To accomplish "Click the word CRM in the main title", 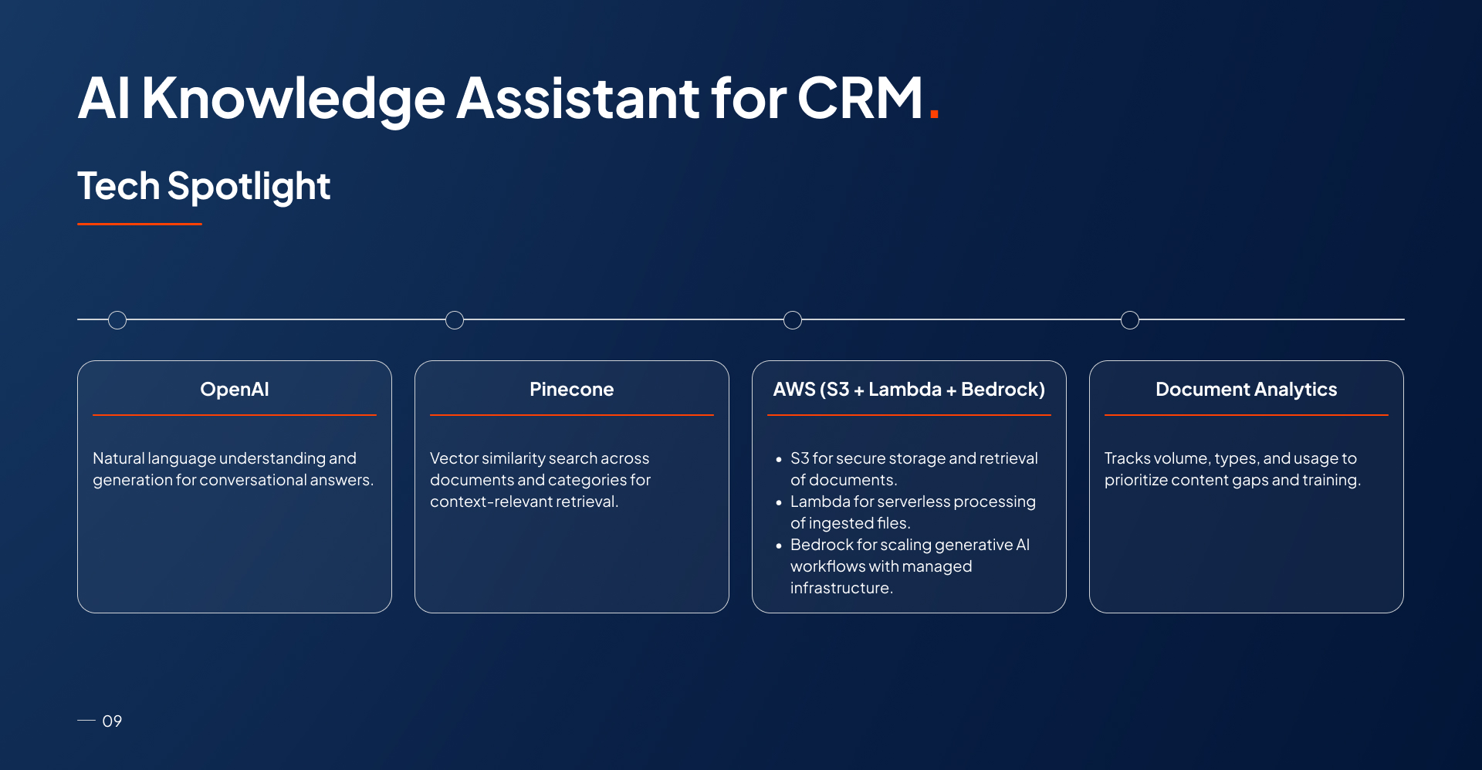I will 859,99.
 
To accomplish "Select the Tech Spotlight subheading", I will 204,187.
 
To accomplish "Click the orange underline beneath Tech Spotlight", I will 140,224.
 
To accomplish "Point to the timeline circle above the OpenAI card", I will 117,320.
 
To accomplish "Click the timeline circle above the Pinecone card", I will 455,320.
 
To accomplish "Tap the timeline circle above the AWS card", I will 793,320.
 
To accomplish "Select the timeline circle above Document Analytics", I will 1130,320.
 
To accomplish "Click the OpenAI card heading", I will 235,390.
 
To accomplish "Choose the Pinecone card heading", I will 572,390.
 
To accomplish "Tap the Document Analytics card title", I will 1246,390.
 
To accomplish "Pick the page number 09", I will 112,721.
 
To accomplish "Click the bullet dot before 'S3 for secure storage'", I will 779,459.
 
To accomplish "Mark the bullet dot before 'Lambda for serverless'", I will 779,502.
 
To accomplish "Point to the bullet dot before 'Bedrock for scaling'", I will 779,545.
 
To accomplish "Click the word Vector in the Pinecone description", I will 454,458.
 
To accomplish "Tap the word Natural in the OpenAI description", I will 119,458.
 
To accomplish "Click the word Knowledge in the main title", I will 293,99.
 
